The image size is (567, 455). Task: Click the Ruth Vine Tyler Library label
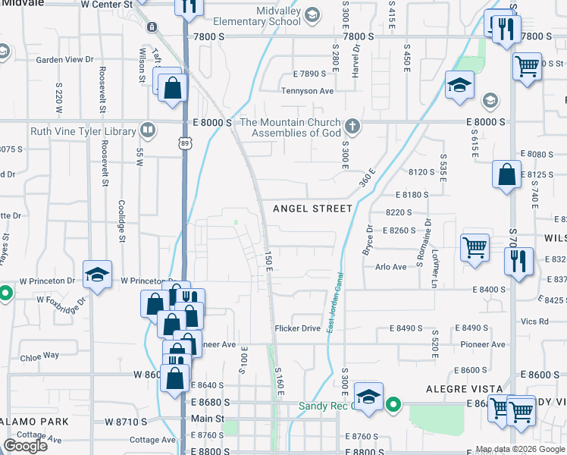[x=83, y=131]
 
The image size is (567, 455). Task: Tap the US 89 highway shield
[x=186, y=143]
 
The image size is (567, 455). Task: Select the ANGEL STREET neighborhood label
[x=312, y=209]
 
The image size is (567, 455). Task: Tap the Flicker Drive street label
[x=297, y=328]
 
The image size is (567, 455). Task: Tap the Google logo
[x=25, y=446]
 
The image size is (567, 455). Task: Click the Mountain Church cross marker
[x=351, y=125]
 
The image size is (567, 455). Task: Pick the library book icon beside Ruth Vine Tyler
[x=147, y=130]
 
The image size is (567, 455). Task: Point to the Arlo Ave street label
[x=391, y=266]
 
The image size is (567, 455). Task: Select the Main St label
[x=207, y=419]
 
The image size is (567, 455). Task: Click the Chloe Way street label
[x=40, y=355]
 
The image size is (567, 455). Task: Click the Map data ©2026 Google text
[x=520, y=449]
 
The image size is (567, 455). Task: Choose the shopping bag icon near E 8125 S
[x=506, y=175]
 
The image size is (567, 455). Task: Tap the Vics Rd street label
[x=534, y=322]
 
